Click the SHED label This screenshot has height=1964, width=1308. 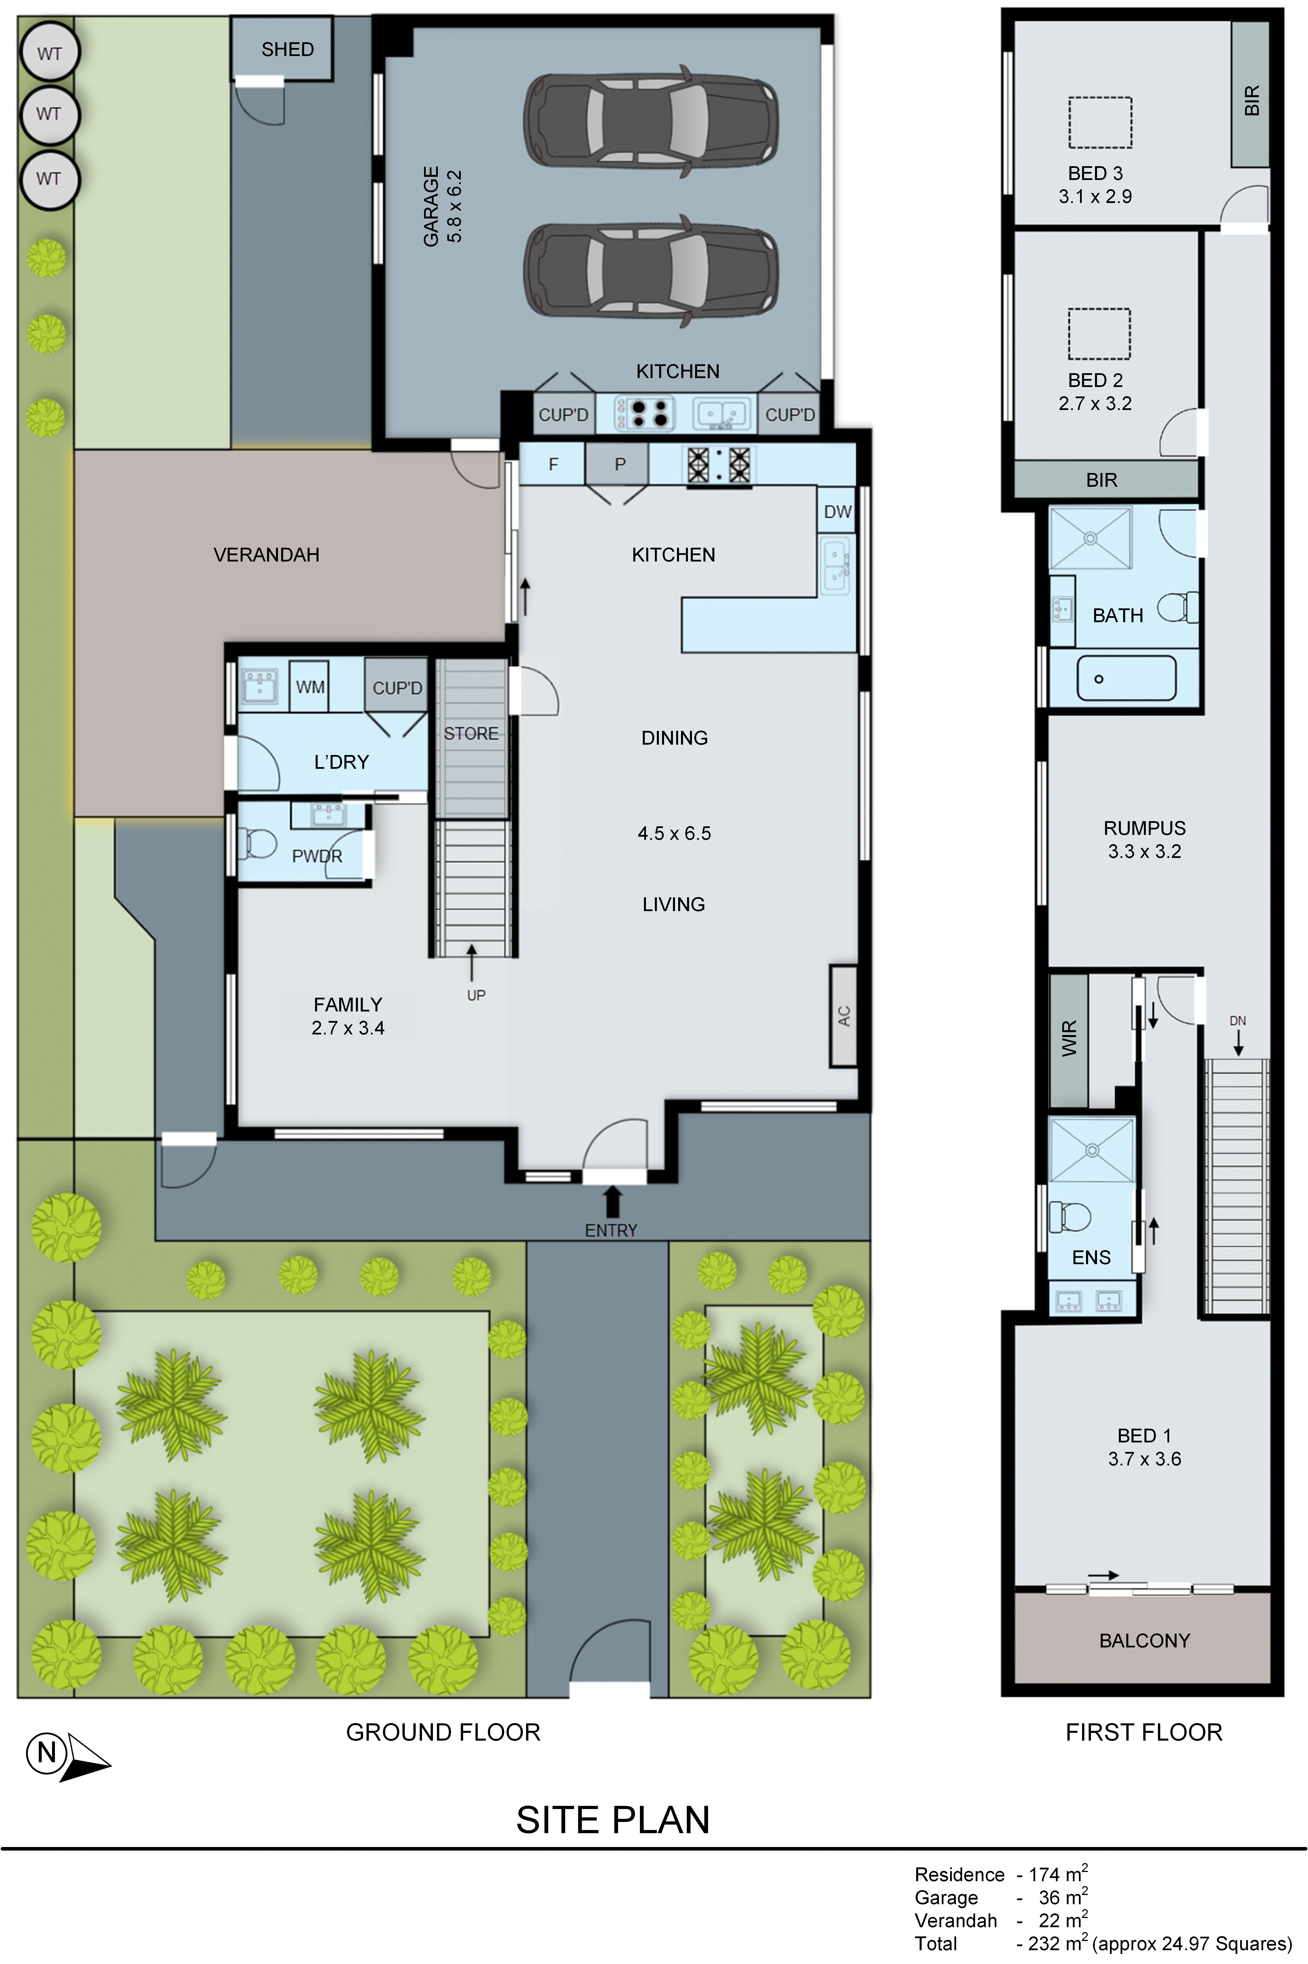click(x=287, y=49)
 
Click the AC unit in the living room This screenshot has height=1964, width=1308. click(x=843, y=1015)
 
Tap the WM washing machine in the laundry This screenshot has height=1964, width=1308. click(x=310, y=687)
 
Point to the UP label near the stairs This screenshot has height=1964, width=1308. click(x=476, y=995)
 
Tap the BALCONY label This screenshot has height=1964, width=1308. click(x=1144, y=1640)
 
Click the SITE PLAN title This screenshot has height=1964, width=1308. click(x=612, y=1820)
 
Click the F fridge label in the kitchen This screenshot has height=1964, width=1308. click(x=552, y=465)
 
